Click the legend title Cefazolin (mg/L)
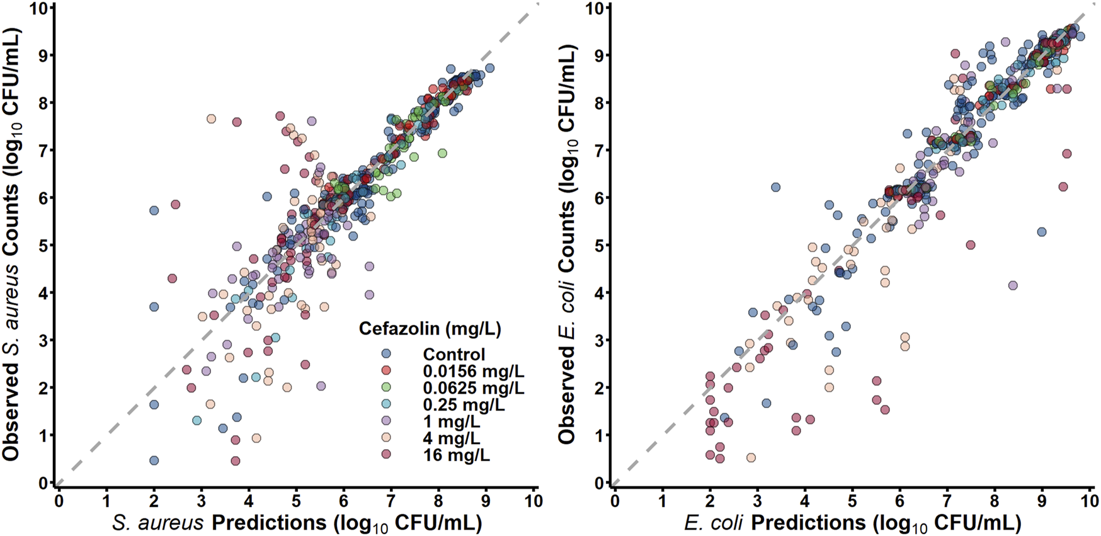[x=430, y=329]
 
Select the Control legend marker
[x=387, y=354]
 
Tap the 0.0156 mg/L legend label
[x=473, y=371]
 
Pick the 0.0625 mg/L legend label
[x=473, y=388]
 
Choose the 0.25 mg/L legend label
[x=464, y=404]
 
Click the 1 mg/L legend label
[x=451, y=421]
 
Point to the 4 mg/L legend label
[x=451, y=438]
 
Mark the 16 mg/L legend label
[x=456, y=455]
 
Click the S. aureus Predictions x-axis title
[x=297, y=522]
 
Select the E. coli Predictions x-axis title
[x=852, y=522]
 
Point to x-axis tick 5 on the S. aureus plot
[x=296, y=501]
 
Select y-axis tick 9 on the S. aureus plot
[x=43, y=55]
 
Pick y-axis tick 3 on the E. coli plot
[x=600, y=341]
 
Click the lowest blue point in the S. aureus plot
[x=154, y=461]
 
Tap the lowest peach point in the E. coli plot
[x=751, y=458]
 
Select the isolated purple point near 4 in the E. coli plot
[x=1013, y=285]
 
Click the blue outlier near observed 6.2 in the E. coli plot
[x=775, y=188]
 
